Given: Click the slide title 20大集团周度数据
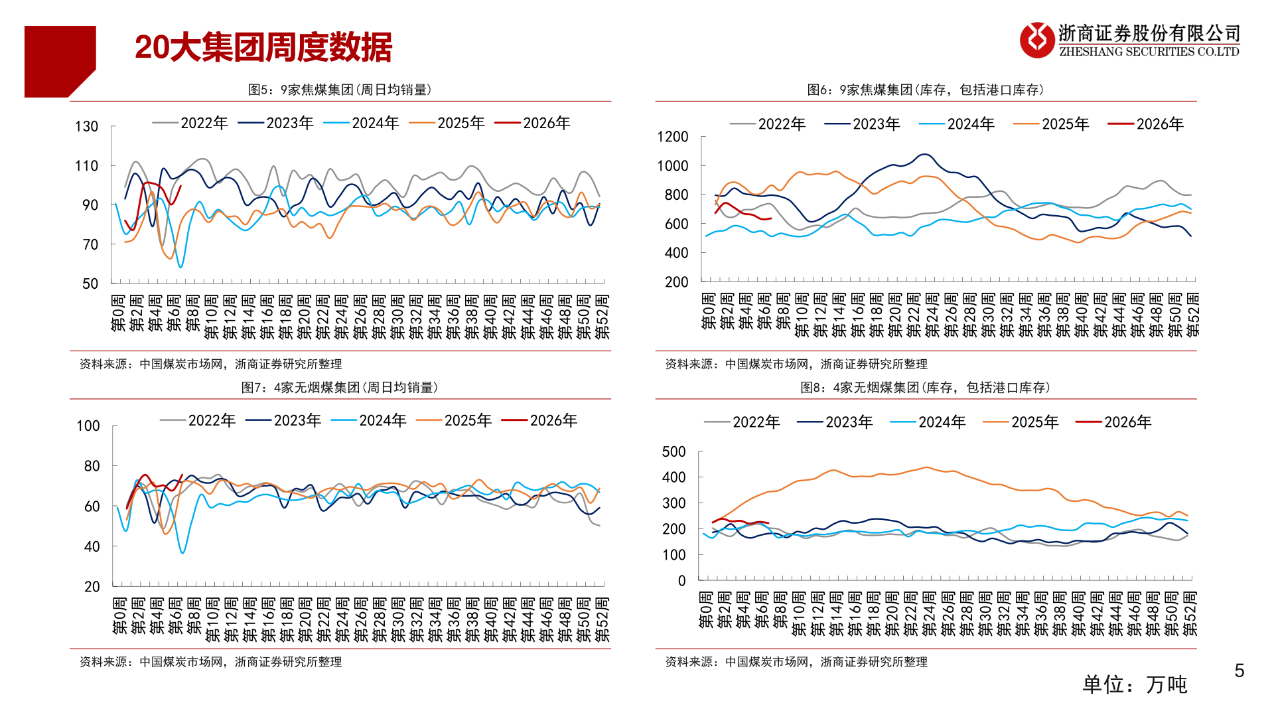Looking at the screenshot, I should coord(263,48).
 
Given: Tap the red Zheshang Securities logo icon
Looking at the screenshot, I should coord(1036,40).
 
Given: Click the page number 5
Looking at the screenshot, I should coord(1239,671).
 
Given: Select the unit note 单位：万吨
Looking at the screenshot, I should coord(1135,684).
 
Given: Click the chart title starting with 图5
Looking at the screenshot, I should coord(340,90).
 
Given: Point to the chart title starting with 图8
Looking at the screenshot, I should coord(926,388).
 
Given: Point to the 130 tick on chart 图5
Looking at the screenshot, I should coord(86,127).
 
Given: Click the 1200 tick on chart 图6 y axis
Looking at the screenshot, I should coord(672,137).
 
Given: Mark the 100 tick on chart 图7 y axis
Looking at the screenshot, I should coord(88,426).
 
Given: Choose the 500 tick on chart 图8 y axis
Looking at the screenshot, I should coord(673,452).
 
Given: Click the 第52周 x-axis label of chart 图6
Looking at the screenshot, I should coord(1192,313).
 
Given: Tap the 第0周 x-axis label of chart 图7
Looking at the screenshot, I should coord(119,615).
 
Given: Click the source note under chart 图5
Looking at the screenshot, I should coord(210,364).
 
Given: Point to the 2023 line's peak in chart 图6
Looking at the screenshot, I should coord(924,155).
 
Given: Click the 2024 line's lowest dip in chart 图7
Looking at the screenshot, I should coord(182,552).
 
